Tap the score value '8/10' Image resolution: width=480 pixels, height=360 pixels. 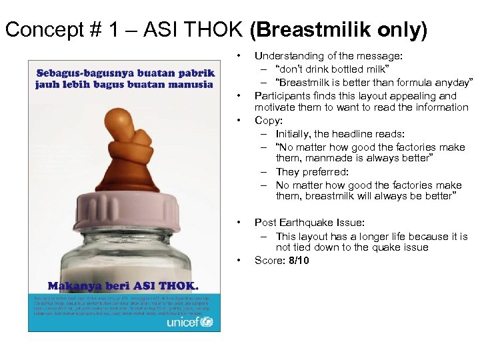coord(297,261)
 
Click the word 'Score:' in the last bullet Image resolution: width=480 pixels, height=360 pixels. coord(269,261)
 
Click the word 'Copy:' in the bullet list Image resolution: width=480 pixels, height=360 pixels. coord(269,121)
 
